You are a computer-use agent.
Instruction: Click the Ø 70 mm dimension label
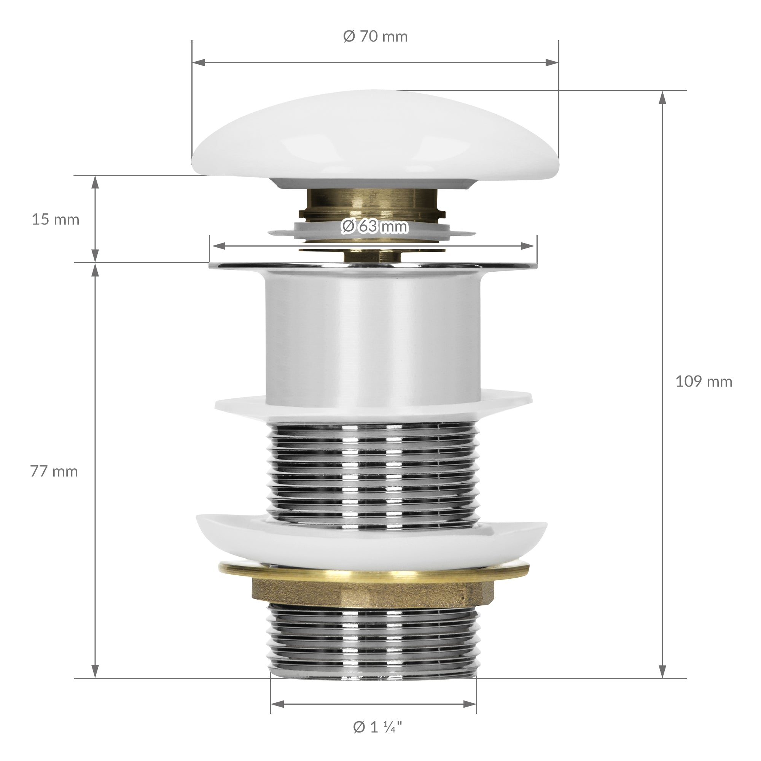[375, 37]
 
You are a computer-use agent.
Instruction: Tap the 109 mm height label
[704, 381]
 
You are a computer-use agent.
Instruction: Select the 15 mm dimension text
[56, 220]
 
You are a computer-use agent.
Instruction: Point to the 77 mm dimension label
[54, 471]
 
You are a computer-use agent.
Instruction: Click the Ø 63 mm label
[374, 226]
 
